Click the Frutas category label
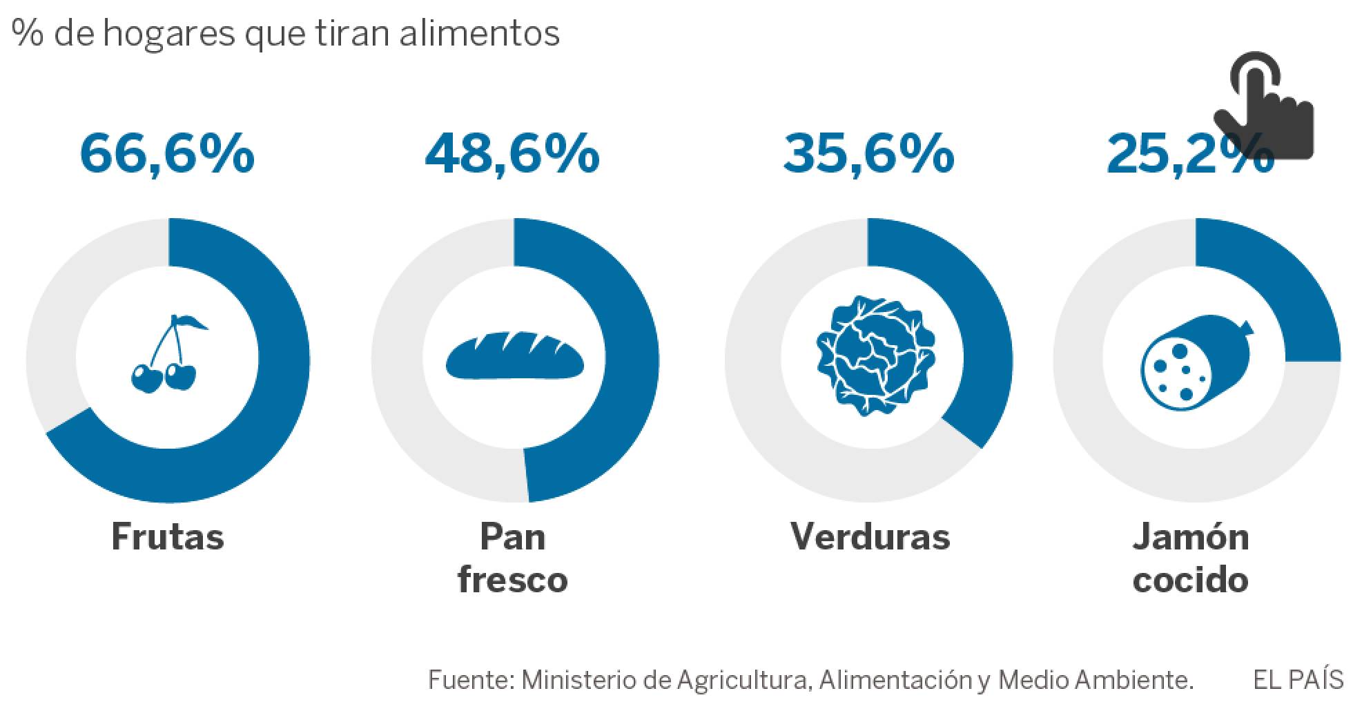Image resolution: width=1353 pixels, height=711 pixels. click(168, 536)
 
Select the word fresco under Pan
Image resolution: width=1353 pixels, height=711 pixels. click(512, 579)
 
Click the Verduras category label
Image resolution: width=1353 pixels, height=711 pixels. click(870, 536)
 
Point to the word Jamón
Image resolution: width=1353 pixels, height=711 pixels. click(1191, 536)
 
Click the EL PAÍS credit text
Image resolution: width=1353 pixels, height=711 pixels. click(1298, 680)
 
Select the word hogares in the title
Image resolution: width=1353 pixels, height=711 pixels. click(169, 33)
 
